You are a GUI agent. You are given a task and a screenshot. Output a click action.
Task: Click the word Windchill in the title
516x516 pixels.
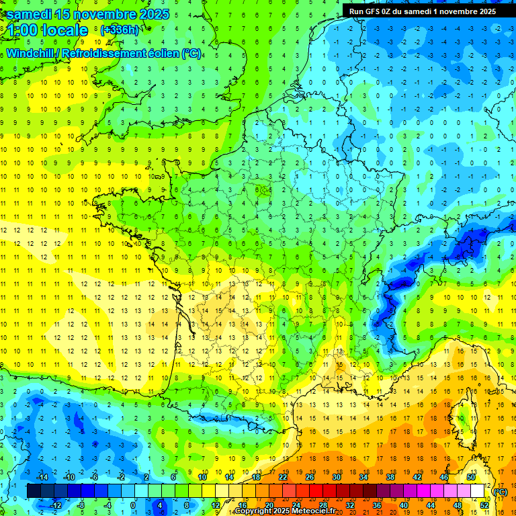[33, 54]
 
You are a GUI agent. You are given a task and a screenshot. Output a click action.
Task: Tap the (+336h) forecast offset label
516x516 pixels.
[119, 30]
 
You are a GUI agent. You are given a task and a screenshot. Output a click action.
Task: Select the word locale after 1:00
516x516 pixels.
[64, 30]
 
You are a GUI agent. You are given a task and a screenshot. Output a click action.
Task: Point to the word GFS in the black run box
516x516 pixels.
[374, 11]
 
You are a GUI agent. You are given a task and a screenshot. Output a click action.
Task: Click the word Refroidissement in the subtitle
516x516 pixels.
[107, 54]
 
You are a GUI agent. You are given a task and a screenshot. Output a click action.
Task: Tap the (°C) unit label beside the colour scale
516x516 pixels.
[500, 492]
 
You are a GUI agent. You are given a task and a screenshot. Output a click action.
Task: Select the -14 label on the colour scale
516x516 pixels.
[42, 477]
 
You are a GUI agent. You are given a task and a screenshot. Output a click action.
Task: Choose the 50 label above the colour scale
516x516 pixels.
[470, 477]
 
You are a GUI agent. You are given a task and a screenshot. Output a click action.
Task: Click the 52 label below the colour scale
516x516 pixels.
[484, 505]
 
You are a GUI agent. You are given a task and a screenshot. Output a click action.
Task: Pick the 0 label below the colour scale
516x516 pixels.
[132, 505]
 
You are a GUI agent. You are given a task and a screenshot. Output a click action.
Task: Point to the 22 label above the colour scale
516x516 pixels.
[282, 477]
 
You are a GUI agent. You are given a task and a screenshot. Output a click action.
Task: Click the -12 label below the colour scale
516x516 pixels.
[55, 505]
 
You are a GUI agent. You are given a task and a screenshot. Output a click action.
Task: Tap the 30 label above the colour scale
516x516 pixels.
[336, 477]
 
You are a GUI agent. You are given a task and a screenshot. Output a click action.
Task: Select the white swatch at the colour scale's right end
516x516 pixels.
[478, 491]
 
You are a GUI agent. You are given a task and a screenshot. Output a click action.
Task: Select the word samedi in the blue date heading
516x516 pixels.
[30, 14]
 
